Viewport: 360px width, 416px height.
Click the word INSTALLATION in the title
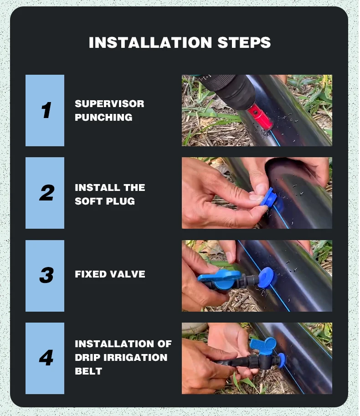click(150, 43)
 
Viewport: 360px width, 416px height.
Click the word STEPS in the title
click(244, 43)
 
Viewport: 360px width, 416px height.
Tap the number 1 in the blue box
click(46, 110)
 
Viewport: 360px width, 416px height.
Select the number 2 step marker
click(46, 193)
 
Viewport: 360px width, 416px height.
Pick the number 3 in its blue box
click(46, 275)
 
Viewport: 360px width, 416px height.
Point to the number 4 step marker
click(46, 358)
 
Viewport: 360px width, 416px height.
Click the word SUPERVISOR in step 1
click(109, 104)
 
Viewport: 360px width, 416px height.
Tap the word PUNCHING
click(103, 117)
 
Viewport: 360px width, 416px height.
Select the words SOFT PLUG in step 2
click(105, 201)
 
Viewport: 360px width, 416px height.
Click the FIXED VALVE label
click(110, 274)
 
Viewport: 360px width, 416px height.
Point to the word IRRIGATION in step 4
click(135, 357)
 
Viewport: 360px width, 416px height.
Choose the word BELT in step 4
click(88, 371)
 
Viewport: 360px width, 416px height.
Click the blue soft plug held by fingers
click(268, 197)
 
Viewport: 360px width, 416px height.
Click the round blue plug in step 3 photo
click(266, 277)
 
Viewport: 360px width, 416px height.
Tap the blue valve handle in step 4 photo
click(263, 344)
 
